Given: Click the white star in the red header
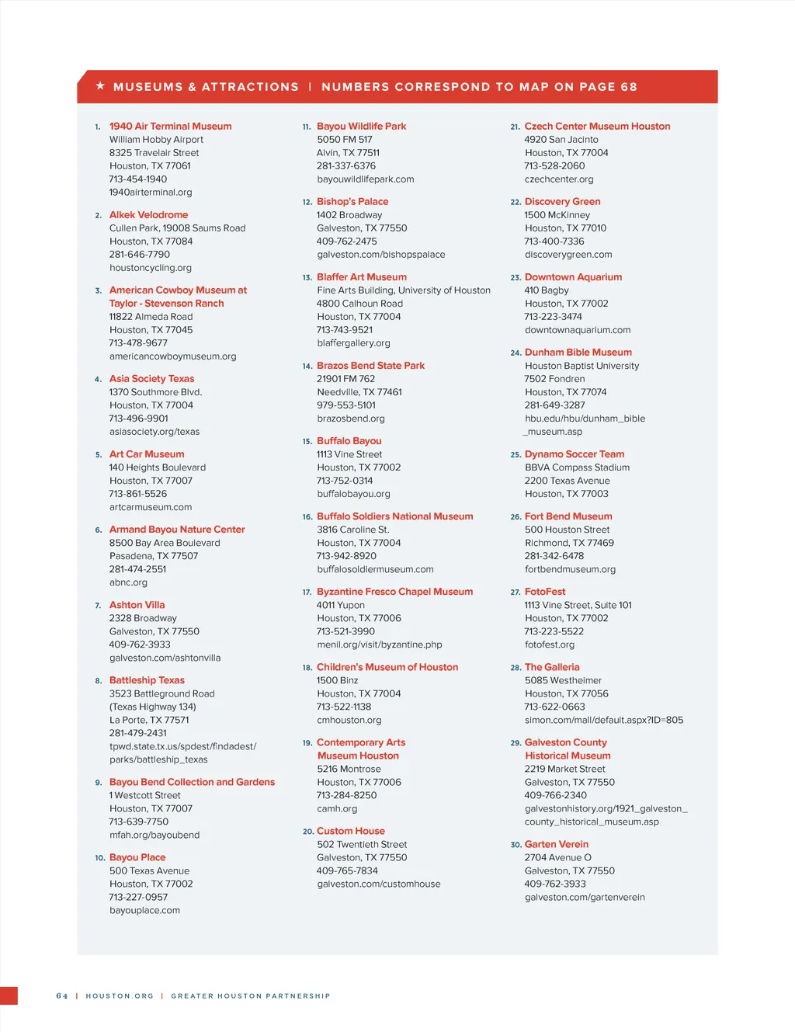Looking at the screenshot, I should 100,86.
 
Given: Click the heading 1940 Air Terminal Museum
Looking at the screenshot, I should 170,127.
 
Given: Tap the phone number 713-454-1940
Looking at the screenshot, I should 138,179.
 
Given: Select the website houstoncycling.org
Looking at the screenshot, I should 150,268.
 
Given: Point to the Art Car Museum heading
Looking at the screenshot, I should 147,454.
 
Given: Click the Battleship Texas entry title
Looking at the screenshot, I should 147,680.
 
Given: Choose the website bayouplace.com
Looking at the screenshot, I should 144,911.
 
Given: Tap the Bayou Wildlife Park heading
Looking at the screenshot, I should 361,127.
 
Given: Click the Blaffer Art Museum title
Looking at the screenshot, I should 361,277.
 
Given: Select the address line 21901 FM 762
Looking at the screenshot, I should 345,379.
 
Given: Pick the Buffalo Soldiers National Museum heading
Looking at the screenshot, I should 394,516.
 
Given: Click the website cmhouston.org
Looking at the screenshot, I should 349,721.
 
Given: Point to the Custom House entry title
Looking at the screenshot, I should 350,831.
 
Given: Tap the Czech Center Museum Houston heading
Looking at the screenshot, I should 597,127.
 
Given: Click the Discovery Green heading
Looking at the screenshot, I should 562,202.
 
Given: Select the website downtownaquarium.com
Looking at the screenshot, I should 577,330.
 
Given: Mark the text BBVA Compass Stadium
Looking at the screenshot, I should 577,467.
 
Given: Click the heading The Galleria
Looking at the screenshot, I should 551,667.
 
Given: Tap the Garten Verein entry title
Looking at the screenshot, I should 556,844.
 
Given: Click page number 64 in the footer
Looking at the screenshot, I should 62,996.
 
